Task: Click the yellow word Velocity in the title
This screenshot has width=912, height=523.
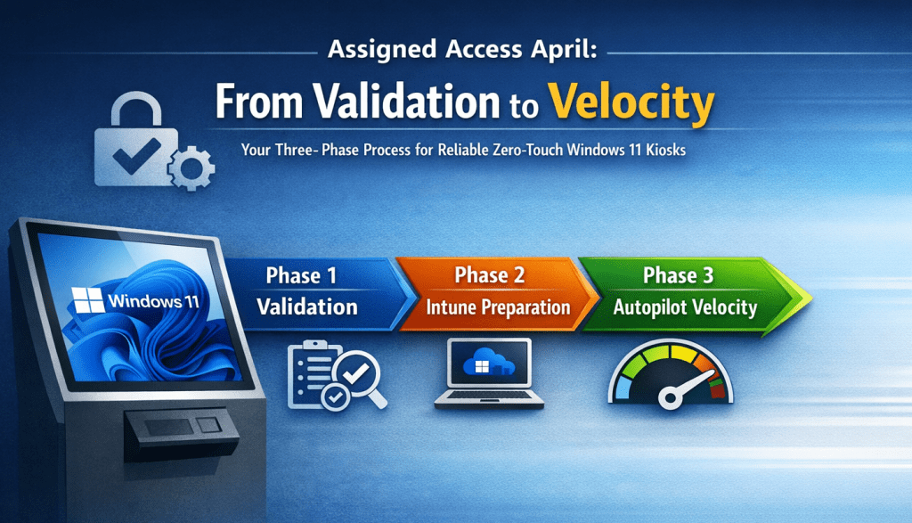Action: coord(631,102)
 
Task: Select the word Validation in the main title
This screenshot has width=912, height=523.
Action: coord(407,102)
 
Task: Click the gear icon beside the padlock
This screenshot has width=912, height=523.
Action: coord(191,168)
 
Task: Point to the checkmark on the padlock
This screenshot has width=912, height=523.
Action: coord(136,155)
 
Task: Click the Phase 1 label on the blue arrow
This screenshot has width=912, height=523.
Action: coord(301,275)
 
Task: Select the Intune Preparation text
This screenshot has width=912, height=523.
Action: coord(498,307)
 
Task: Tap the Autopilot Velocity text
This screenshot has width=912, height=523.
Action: coord(685,307)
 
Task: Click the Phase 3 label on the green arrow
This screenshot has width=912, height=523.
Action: coord(678,275)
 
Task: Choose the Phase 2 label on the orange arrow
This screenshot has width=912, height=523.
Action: coord(490,275)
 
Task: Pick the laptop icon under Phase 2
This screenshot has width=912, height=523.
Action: coord(489,373)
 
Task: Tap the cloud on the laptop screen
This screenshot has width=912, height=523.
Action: coord(489,362)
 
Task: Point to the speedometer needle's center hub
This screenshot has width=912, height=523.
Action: coord(670,398)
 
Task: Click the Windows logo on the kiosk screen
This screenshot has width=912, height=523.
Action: coord(88,299)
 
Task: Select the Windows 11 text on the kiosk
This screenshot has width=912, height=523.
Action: coord(153,301)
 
